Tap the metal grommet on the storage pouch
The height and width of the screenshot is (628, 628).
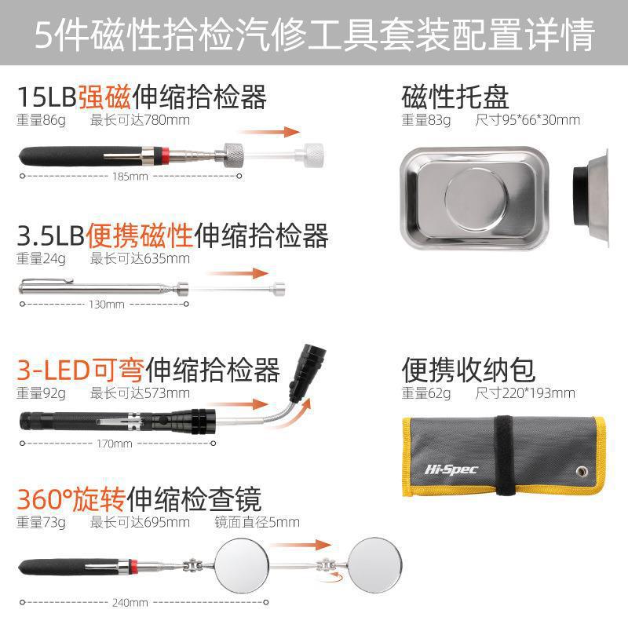(582, 470)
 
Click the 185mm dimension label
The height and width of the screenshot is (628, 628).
(131, 176)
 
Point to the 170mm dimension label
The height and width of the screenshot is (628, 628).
(114, 444)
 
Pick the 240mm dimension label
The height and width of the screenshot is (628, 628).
(130, 603)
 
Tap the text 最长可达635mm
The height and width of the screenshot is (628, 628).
(140, 257)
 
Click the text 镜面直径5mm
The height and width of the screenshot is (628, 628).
(257, 522)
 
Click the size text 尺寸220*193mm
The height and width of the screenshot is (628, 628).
(525, 392)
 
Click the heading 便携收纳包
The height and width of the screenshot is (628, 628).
(469, 369)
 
